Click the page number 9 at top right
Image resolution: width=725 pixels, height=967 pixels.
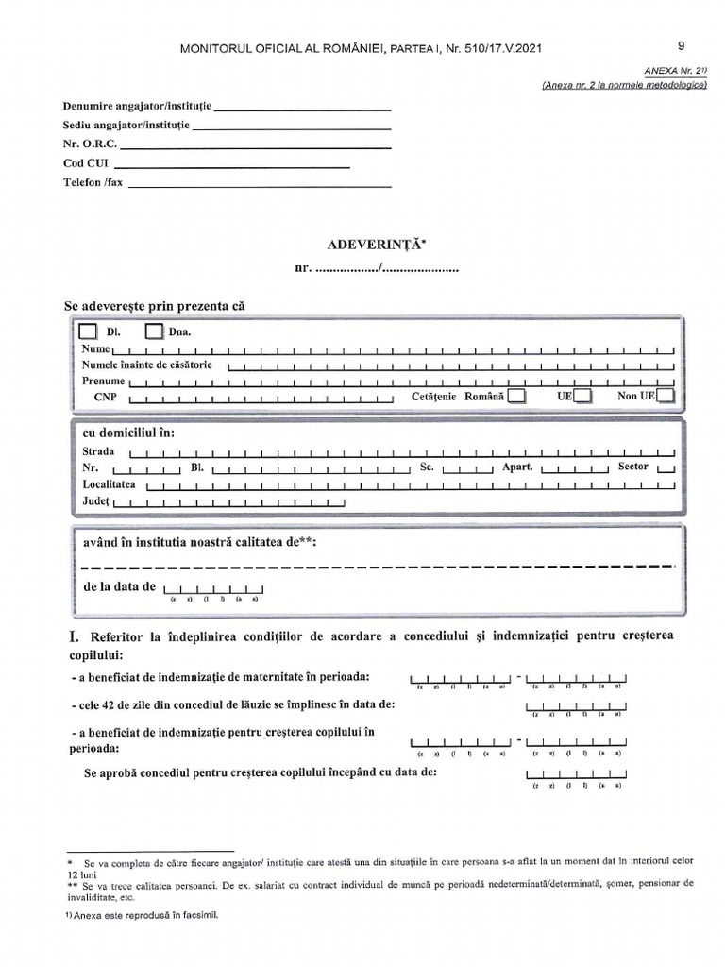(x=682, y=44)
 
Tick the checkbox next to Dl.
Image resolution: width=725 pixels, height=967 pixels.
(x=87, y=331)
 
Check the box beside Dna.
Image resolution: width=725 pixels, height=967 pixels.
(x=154, y=331)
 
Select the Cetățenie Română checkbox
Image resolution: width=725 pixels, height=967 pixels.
(x=516, y=397)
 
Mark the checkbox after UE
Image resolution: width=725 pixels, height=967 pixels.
(x=583, y=397)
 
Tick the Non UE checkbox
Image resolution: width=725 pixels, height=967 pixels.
(x=666, y=397)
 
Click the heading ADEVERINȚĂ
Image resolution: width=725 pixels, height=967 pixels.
(x=376, y=245)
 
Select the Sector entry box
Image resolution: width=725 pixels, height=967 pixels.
(x=666, y=468)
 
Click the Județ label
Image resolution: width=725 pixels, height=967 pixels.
(x=96, y=500)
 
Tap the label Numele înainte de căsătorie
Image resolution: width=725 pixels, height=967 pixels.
(x=147, y=365)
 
